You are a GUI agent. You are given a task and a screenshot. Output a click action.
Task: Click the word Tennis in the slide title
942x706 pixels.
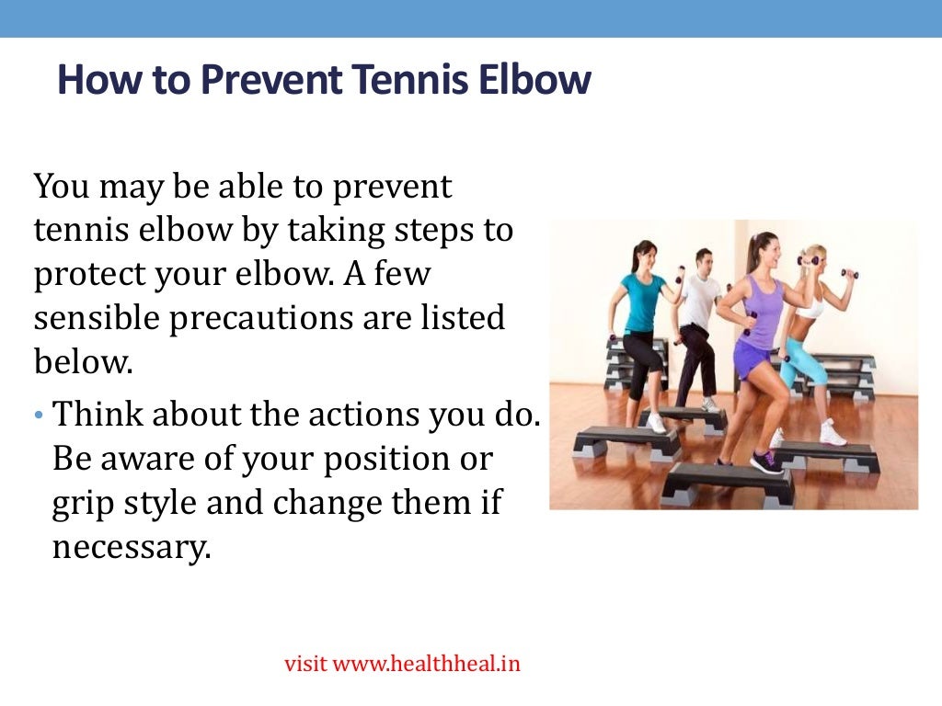[x=408, y=81]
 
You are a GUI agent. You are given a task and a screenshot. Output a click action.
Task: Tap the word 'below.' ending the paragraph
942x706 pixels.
[x=84, y=361]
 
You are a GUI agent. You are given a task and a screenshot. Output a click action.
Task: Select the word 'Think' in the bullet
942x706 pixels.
[x=97, y=415]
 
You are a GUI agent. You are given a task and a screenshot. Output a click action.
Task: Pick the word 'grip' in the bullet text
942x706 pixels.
[x=78, y=504]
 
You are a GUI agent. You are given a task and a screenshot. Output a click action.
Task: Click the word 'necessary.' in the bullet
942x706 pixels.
[x=132, y=548]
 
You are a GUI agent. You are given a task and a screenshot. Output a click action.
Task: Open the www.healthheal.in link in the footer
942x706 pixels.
[x=426, y=663]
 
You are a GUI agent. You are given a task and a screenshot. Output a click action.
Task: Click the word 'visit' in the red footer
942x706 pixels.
[x=305, y=663]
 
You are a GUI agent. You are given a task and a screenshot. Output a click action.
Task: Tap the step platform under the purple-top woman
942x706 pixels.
[x=728, y=482]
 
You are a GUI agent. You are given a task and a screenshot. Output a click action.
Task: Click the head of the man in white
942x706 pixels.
[x=704, y=260]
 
